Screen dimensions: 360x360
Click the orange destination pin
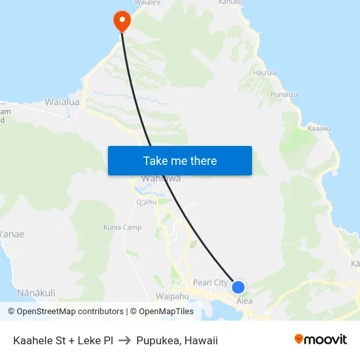click(x=122, y=20)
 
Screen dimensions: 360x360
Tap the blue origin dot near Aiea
click(x=238, y=287)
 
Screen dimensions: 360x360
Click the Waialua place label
click(x=62, y=102)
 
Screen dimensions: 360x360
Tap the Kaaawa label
click(x=319, y=129)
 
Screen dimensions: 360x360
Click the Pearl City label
click(x=210, y=283)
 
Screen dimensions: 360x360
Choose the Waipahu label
click(x=173, y=296)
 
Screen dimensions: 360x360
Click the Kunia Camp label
click(x=122, y=228)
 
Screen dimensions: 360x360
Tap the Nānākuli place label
click(x=36, y=292)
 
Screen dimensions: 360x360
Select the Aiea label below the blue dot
click(x=244, y=301)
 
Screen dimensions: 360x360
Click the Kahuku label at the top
click(x=230, y=3)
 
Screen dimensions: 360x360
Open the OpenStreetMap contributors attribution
click(x=65, y=312)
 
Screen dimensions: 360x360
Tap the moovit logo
click(x=321, y=339)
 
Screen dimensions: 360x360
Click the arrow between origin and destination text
click(x=124, y=340)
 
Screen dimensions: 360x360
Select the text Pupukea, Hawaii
click(x=177, y=340)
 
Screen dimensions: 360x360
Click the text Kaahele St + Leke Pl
click(x=63, y=340)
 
